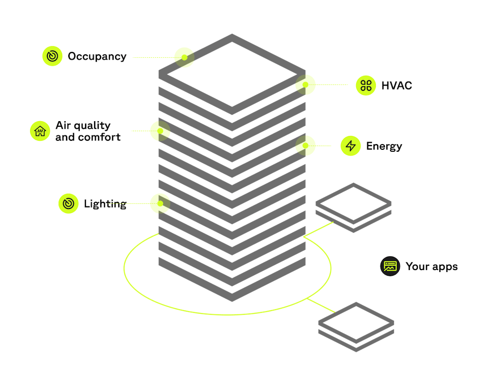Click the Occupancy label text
point(97,56)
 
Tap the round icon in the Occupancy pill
point(52,56)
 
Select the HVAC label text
point(396,86)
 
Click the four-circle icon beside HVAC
point(366,86)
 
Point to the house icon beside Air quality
point(40,131)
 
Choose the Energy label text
point(384,146)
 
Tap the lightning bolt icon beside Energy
point(351,146)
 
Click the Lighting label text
point(105,204)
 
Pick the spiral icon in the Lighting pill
point(68,204)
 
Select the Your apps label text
point(431,266)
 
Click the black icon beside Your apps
point(390,266)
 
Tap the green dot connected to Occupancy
point(184,57)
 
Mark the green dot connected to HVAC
point(306,84)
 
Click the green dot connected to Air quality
point(160,131)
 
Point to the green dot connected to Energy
point(306,146)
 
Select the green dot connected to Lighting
point(160,204)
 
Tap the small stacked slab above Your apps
point(353,207)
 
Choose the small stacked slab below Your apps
point(356,326)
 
